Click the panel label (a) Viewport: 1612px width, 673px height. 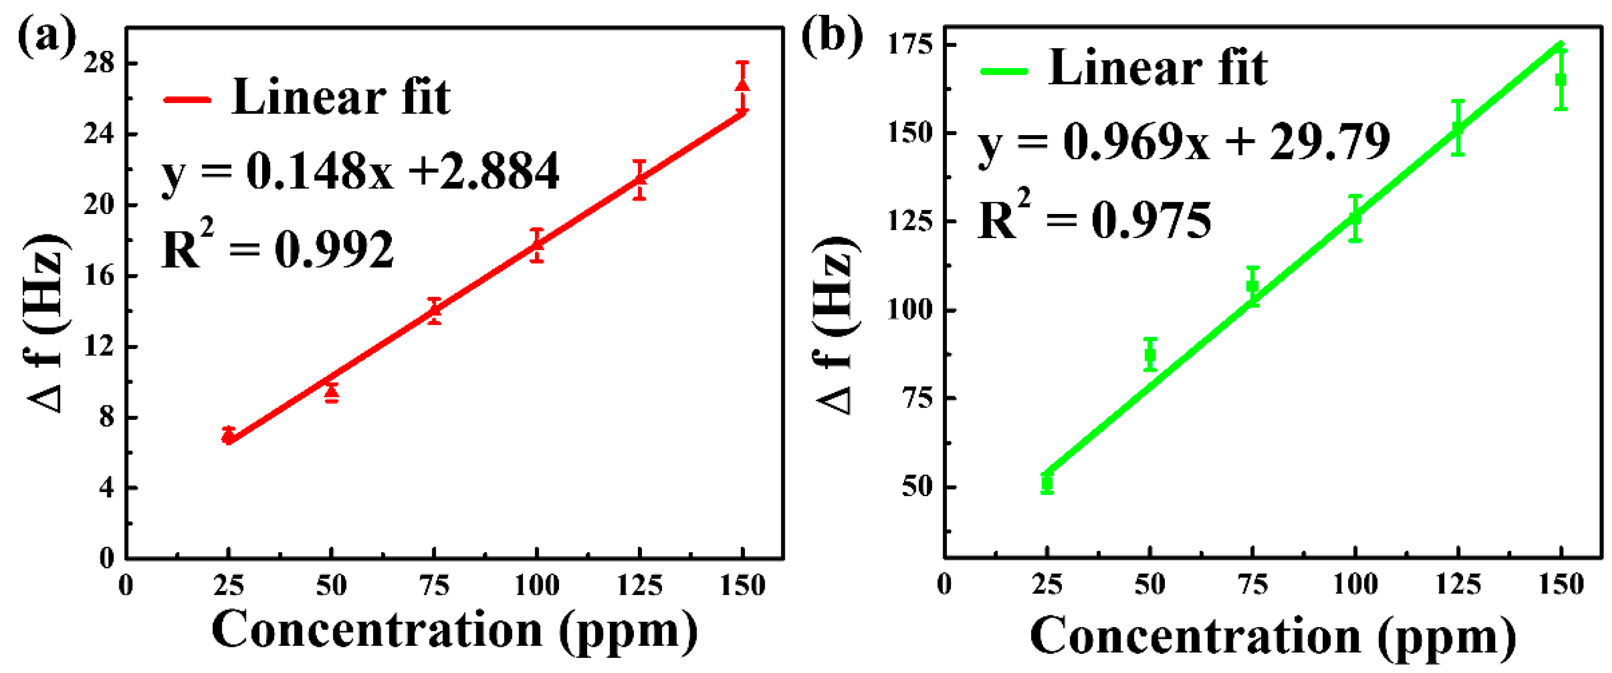tap(46, 37)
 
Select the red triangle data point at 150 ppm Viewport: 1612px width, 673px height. tap(742, 86)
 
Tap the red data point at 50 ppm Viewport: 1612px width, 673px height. tap(332, 392)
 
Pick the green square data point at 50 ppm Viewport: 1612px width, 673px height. tap(1150, 355)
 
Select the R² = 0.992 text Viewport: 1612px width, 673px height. tap(278, 248)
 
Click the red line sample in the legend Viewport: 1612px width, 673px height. tap(187, 100)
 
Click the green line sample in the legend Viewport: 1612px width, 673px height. tap(1004, 71)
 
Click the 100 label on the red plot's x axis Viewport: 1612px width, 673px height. tap(536, 585)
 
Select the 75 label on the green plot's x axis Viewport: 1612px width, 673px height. tap(1253, 584)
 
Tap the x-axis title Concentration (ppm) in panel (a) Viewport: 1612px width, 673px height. tap(455, 631)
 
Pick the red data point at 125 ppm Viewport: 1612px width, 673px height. tap(639, 179)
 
